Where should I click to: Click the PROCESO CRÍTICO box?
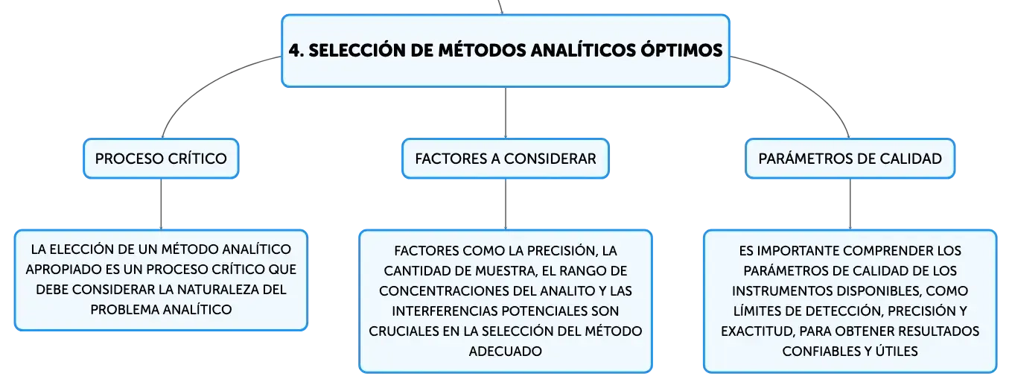tap(161, 159)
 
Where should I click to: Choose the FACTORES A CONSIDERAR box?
tap(506, 159)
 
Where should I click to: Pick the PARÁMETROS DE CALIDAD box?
tap(850, 159)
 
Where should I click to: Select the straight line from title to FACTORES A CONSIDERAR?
tap(506, 113)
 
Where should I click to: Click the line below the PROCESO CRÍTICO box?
tap(161, 204)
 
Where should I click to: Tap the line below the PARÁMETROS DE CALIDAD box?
tap(850, 204)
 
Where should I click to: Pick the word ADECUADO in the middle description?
tap(505, 352)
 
